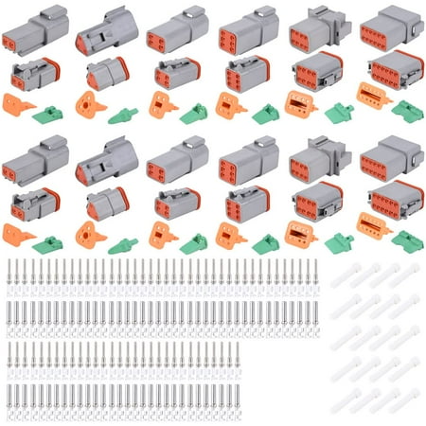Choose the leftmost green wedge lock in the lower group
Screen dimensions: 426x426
coord(46,243)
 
